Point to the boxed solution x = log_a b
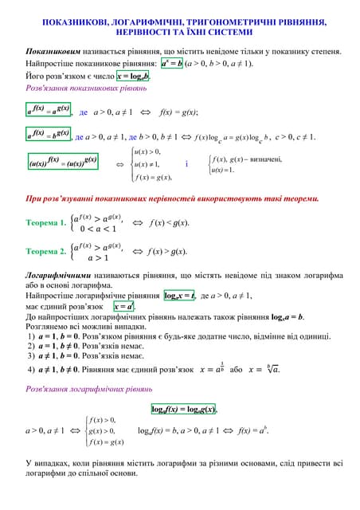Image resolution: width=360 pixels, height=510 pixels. (133, 76)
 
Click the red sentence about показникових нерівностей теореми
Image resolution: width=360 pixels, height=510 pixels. (172, 198)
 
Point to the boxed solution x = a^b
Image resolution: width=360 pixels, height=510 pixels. (124, 307)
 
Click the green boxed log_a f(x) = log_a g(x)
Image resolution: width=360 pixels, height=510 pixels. (184, 410)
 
